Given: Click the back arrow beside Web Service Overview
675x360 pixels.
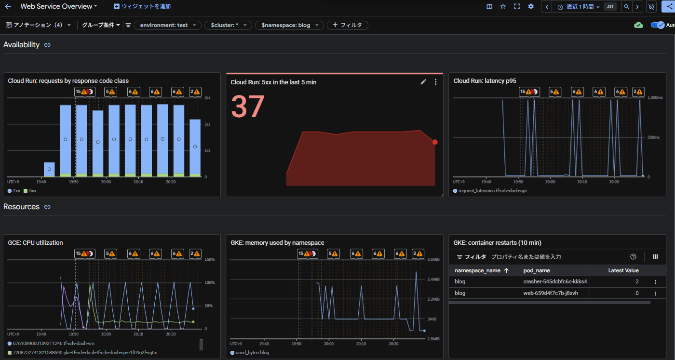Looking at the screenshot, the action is (8, 6).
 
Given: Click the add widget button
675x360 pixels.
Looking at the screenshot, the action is (142, 6).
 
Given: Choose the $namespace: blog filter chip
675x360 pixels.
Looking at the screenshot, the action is (289, 26).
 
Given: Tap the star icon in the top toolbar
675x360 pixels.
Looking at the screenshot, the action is (503, 6).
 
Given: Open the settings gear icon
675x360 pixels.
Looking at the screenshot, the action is (531, 6).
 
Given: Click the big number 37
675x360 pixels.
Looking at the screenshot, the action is (248, 107).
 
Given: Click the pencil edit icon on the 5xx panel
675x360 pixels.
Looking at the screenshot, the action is (423, 82).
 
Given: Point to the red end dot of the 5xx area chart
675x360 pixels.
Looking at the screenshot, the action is (435, 142).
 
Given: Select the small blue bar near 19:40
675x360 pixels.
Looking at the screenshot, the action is (49, 169).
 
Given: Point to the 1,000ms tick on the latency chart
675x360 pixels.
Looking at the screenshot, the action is (655, 98).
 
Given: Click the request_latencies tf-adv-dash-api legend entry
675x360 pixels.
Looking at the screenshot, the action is (490, 191).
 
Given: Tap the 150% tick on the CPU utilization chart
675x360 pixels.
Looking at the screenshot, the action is (209, 259).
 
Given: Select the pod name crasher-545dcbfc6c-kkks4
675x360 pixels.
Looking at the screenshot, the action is (555, 281).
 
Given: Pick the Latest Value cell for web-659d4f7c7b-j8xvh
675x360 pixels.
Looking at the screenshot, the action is (637, 293).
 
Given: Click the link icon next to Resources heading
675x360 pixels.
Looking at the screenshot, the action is (47, 207).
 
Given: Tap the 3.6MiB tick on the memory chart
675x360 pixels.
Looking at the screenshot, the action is (433, 259).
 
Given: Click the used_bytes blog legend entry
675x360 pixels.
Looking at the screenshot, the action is (250, 353).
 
